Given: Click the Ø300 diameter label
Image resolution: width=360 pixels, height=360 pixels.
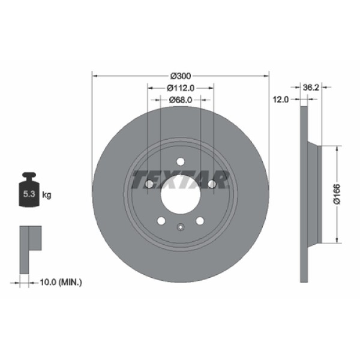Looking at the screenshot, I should tap(181, 76).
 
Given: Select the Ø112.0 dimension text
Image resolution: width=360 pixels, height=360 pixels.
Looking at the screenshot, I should tap(181, 88).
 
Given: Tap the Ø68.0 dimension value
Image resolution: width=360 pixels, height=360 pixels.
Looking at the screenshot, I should tap(181, 100).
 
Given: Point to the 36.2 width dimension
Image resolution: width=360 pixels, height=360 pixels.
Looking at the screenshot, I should tap(310, 87).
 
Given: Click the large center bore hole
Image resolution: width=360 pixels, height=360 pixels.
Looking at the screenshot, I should tap(181, 194).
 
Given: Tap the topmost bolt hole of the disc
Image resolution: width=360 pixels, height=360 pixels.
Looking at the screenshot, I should tap(180, 161).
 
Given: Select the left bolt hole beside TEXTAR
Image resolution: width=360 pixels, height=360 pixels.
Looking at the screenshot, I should tap(149, 184).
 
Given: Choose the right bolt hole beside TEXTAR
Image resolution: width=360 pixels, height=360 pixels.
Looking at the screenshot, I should tap(212, 184).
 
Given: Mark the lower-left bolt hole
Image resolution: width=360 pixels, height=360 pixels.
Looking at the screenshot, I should tap(161, 221).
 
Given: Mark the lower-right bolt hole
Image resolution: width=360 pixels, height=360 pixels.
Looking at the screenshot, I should tap(200, 221).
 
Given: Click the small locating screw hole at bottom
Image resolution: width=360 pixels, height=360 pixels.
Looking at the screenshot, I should tap(181, 227).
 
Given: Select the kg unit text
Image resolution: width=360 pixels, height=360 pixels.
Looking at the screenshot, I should tap(47, 195).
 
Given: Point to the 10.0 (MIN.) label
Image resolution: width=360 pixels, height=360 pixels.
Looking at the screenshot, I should tap(60, 281).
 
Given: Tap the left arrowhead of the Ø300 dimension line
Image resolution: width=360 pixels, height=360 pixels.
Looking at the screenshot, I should tap(94, 76).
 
